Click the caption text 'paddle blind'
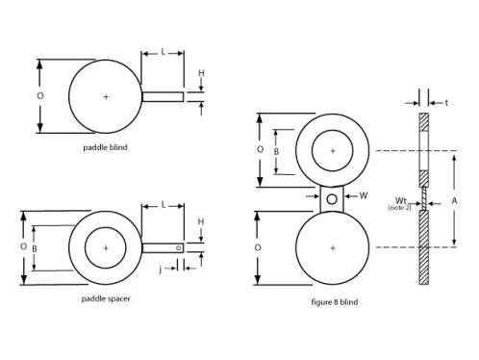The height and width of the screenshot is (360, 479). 105,148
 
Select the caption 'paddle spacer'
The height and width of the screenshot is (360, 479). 106,299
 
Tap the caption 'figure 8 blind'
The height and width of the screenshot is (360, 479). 333,301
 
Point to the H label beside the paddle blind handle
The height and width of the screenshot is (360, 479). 201,73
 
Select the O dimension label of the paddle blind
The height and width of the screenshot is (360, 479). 39,96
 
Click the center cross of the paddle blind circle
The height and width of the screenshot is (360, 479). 106,96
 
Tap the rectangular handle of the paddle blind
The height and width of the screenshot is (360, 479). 163,96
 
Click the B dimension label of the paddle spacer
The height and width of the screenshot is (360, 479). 34,247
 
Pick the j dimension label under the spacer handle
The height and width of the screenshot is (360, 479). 161,270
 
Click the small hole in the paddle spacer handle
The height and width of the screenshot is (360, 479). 179,248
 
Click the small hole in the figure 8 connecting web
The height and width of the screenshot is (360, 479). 333,199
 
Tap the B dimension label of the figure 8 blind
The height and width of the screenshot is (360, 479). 277,151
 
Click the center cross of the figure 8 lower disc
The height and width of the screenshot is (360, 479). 333,247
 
